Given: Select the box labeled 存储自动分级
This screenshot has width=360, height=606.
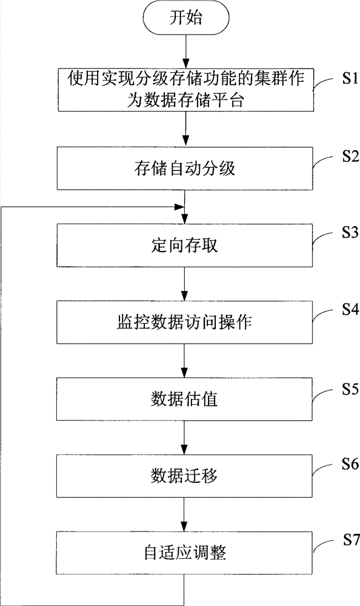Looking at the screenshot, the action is pyautogui.click(x=185, y=168).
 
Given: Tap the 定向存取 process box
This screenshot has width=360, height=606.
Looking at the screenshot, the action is pyautogui.click(x=184, y=245).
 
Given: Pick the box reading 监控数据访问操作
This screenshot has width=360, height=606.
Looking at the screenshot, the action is pyautogui.click(x=184, y=322).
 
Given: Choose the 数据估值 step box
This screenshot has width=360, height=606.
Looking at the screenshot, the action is pyautogui.click(x=184, y=399).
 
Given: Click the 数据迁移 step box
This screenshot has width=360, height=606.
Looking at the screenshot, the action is pyautogui.click(x=184, y=476).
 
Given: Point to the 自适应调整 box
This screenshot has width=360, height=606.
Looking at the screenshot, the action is pyautogui.click(x=184, y=553).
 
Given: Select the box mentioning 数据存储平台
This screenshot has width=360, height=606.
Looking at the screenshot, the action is pyautogui.click(x=186, y=90).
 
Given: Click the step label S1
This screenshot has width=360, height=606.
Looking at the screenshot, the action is pyautogui.click(x=350, y=79).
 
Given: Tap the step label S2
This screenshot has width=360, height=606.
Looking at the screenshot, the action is pyautogui.click(x=350, y=156).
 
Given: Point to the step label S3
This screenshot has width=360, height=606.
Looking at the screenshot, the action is pyautogui.click(x=350, y=233).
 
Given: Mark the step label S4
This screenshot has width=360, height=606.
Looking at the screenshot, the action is pyautogui.click(x=350, y=310).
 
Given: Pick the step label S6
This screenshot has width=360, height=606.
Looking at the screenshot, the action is pyautogui.click(x=350, y=464).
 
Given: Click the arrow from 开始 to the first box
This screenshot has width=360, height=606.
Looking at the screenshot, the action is pyautogui.click(x=186, y=51).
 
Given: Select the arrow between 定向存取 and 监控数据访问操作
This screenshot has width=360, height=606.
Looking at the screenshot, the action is pyautogui.click(x=185, y=284).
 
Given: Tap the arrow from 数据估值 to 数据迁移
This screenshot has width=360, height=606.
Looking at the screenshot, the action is pyautogui.click(x=184, y=438).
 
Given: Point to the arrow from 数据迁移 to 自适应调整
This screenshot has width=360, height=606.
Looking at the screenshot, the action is pyautogui.click(x=184, y=514).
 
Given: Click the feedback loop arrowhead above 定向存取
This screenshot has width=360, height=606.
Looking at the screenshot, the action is pyautogui.click(x=179, y=207).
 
